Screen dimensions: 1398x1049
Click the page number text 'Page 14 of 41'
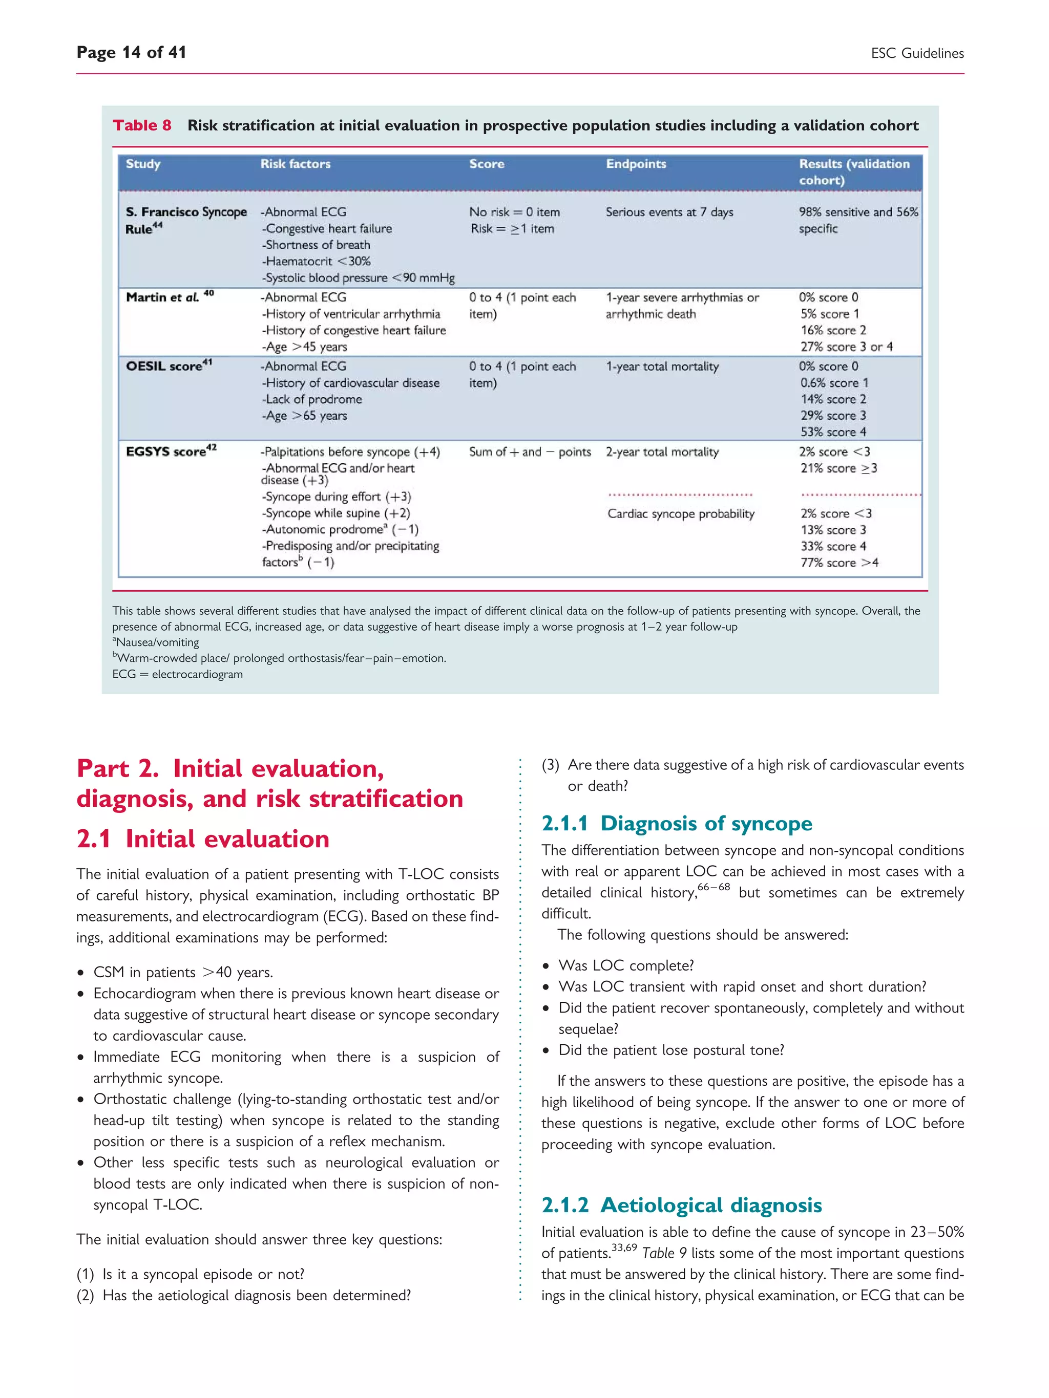click(x=131, y=52)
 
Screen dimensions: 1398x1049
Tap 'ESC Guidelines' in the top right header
click(x=917, y=53)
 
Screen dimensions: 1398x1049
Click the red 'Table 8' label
click(x=142, y=125)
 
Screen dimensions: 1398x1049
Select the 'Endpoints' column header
click(x=636, y=164)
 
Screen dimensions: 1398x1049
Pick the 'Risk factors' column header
click(x=296, y=164)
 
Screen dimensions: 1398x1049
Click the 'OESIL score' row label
click(x=168, y=366)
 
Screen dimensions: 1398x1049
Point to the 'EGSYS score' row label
click(x=171, y=451)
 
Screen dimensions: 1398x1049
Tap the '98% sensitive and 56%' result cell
click(x=858, y=212)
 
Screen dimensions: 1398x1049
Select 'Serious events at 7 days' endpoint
click(x=669, y=212)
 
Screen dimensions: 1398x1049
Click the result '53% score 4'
click(x=833, y=432)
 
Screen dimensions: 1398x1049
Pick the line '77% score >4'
click(x=839, y=563)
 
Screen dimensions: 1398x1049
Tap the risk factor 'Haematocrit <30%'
click(x=317, y=261)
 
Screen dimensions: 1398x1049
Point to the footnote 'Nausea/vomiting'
click(x=157, y=642)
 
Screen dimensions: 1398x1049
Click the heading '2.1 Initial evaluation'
click(x=203, y=838)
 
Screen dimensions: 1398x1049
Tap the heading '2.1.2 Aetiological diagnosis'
click(x=682, y=1205)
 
